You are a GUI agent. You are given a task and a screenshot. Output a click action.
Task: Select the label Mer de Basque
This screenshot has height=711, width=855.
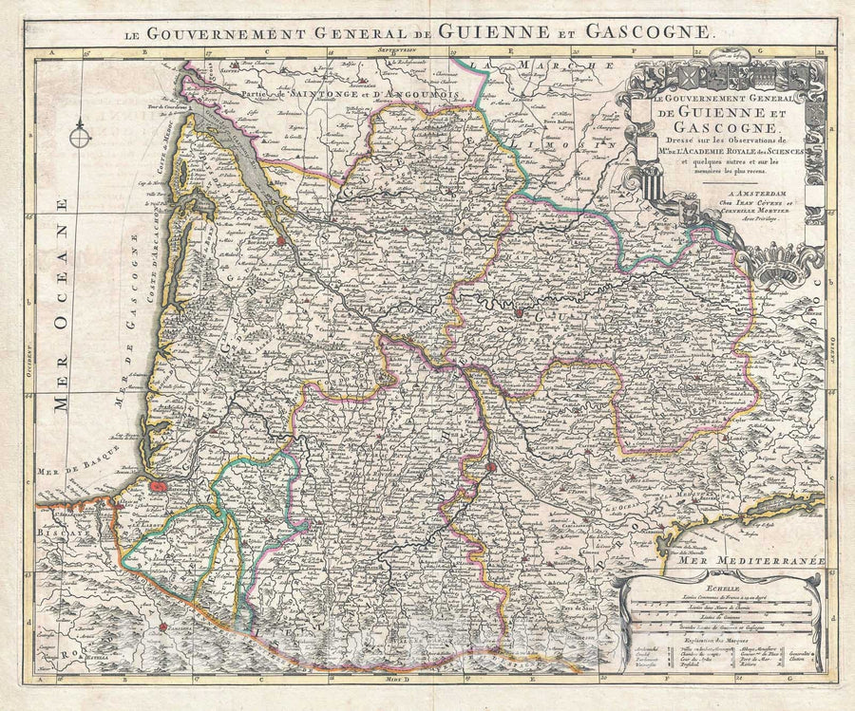(x=71, y=469)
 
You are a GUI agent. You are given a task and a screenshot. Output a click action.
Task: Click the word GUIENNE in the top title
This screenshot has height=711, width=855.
(x=503, y=31)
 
